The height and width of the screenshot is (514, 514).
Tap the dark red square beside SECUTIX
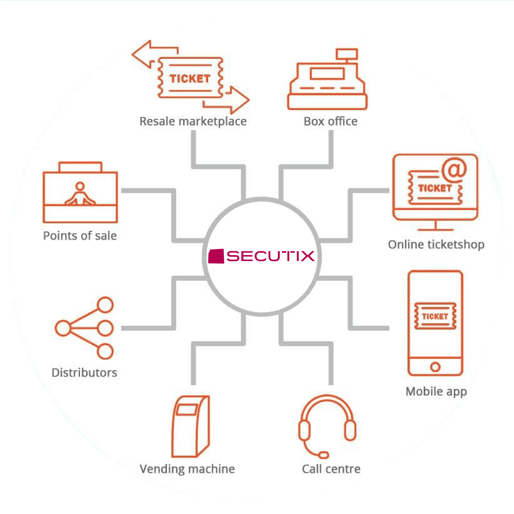click(x=216, y=256)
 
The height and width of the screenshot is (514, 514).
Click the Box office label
click(x=330, y=121)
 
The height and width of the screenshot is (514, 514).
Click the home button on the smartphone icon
click(x=435, y=367)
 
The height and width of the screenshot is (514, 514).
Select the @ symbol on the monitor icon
click(x=454, y=170)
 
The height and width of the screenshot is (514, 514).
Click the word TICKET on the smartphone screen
click(x=435, y=316)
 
